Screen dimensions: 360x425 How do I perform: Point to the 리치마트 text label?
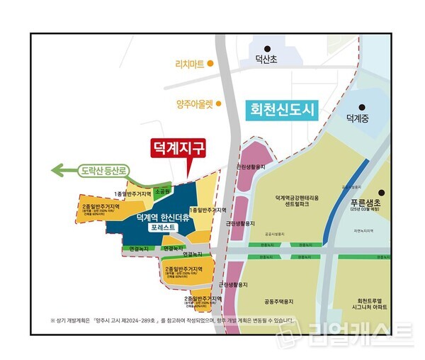pos(190,64)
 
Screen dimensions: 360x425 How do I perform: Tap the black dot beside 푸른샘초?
pos(382,192)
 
